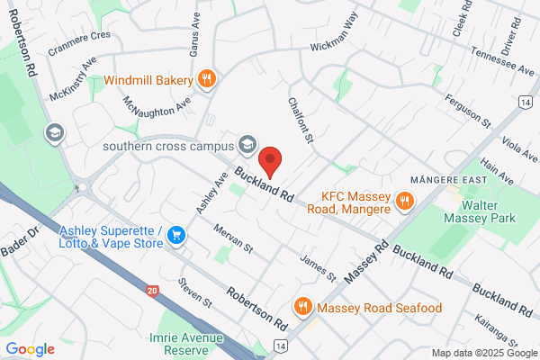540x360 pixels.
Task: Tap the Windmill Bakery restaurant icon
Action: pos(206,79)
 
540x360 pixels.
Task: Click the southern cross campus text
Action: pos(168,145)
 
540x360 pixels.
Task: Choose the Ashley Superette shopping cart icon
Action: pos(176,237)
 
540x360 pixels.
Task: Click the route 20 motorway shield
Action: pos(151,290)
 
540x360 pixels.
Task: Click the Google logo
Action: pos(30,348)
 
